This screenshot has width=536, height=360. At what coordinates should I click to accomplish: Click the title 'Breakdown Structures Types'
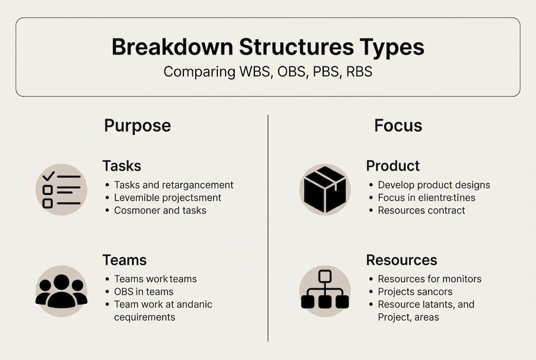pos(268,47)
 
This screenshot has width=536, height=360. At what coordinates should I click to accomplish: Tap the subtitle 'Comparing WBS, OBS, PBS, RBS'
pos(268,71)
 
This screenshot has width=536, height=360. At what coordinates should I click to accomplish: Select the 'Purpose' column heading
pos(137,125)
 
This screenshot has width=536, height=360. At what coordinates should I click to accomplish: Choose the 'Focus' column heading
pos(398,125)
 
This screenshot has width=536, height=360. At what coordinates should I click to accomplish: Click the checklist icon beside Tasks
pos(61,190)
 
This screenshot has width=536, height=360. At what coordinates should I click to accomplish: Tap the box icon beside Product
pos(325,190)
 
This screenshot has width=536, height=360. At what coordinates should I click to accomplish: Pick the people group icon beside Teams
pos(61,291)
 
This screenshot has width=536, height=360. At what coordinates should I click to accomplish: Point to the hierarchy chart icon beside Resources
pos(325,291)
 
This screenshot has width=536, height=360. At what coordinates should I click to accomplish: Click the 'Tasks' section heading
pos(122,166)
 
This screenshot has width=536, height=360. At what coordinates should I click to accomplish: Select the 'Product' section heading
pos(393,166)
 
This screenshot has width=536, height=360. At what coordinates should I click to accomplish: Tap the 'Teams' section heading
pos(124,260)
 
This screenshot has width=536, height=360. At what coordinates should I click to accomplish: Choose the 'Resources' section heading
pos(401,260)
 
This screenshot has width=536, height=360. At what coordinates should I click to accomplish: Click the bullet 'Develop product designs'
pos(434,185)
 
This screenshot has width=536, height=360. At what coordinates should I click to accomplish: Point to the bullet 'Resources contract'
pos(421,210)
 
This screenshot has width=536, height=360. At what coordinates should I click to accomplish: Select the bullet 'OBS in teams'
pos(143,291)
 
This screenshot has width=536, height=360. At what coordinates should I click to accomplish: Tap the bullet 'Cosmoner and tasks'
pos(160,210)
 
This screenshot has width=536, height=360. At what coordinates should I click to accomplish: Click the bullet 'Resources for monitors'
pos(430,279)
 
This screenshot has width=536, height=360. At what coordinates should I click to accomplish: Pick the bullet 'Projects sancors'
pos(415,291)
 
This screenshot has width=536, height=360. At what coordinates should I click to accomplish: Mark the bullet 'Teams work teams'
pos(155,279)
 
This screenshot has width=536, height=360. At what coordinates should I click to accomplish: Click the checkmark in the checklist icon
pos(48,176)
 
